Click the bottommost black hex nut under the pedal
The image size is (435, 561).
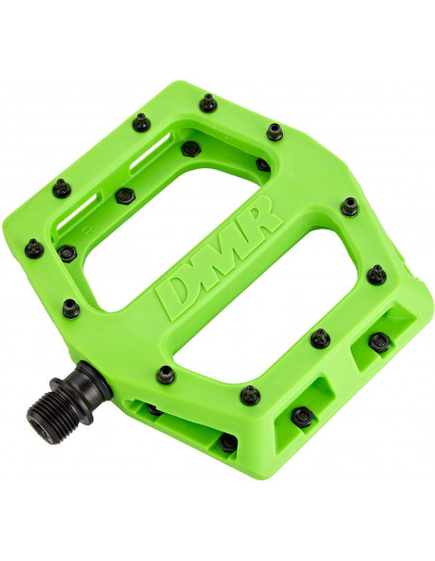click(228, 441)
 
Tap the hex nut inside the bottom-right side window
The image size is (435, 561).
click(302, 415)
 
